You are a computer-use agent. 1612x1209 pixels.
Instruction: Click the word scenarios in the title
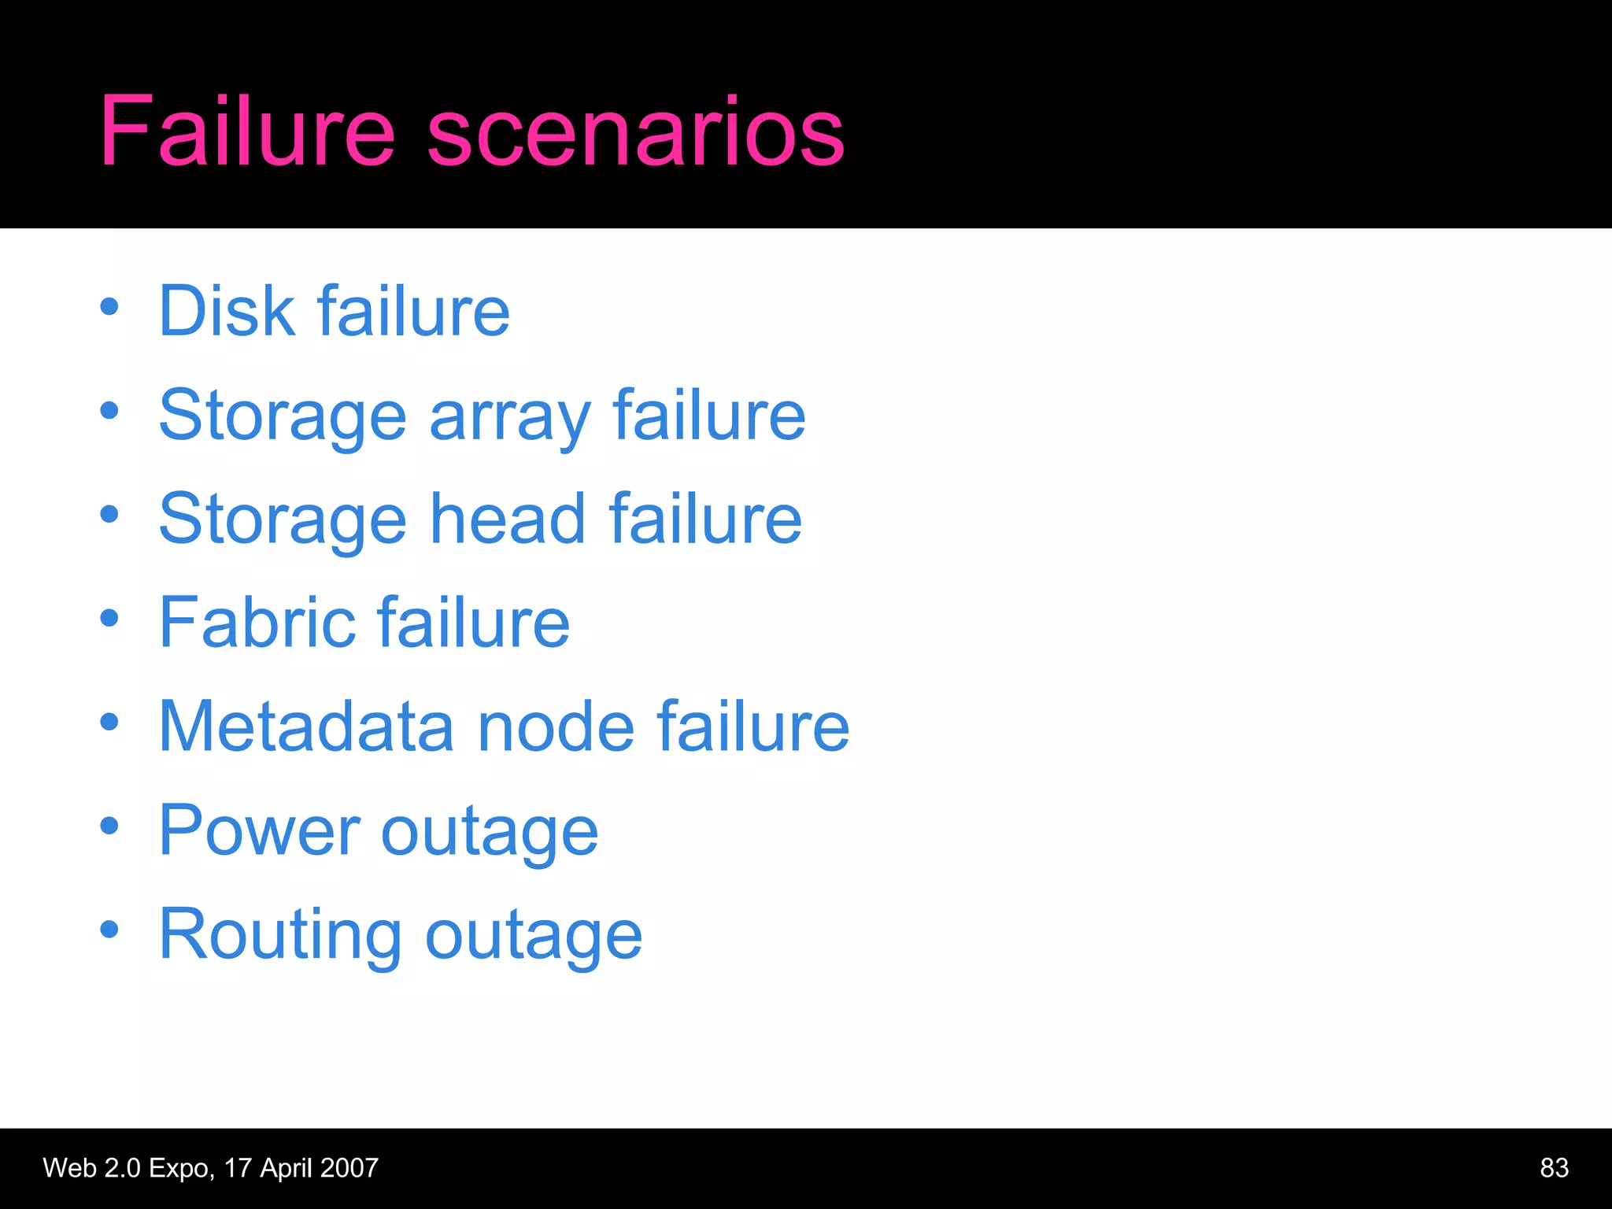point(636,132)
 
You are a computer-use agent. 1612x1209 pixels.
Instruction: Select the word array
point(509,417)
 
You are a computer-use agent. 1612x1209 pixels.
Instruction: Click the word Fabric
point(257,623)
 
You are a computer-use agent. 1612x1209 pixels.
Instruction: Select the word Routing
point(280,936)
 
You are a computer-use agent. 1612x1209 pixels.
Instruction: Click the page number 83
point(1554,1168)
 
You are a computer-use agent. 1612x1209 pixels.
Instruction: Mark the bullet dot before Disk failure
point(109,306)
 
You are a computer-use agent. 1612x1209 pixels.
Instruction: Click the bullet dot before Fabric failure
point(109,618)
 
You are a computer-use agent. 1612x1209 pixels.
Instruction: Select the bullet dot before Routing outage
point(109,930)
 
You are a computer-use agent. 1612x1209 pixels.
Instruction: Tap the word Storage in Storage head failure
point(283,520)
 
